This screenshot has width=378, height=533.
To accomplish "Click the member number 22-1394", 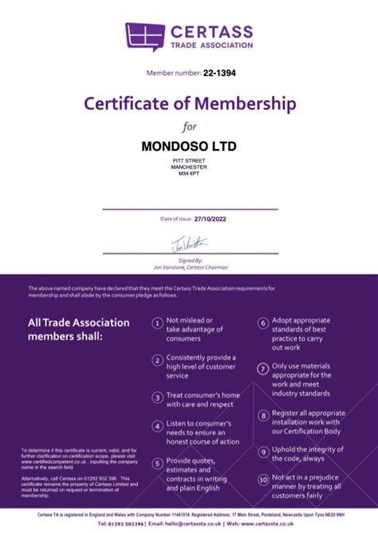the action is coord(219,73).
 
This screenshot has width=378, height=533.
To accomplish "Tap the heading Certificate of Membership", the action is coord(189,104).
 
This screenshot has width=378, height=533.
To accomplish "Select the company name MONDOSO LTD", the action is coord(189,147).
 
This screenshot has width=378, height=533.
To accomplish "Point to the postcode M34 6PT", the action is coord(189,174).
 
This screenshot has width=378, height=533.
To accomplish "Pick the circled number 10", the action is coord(262,480).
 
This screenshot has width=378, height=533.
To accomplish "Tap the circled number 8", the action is coord(262,416).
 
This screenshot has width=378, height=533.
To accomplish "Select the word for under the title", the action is coord(189,126).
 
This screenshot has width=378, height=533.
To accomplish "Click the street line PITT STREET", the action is coord(189,161).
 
